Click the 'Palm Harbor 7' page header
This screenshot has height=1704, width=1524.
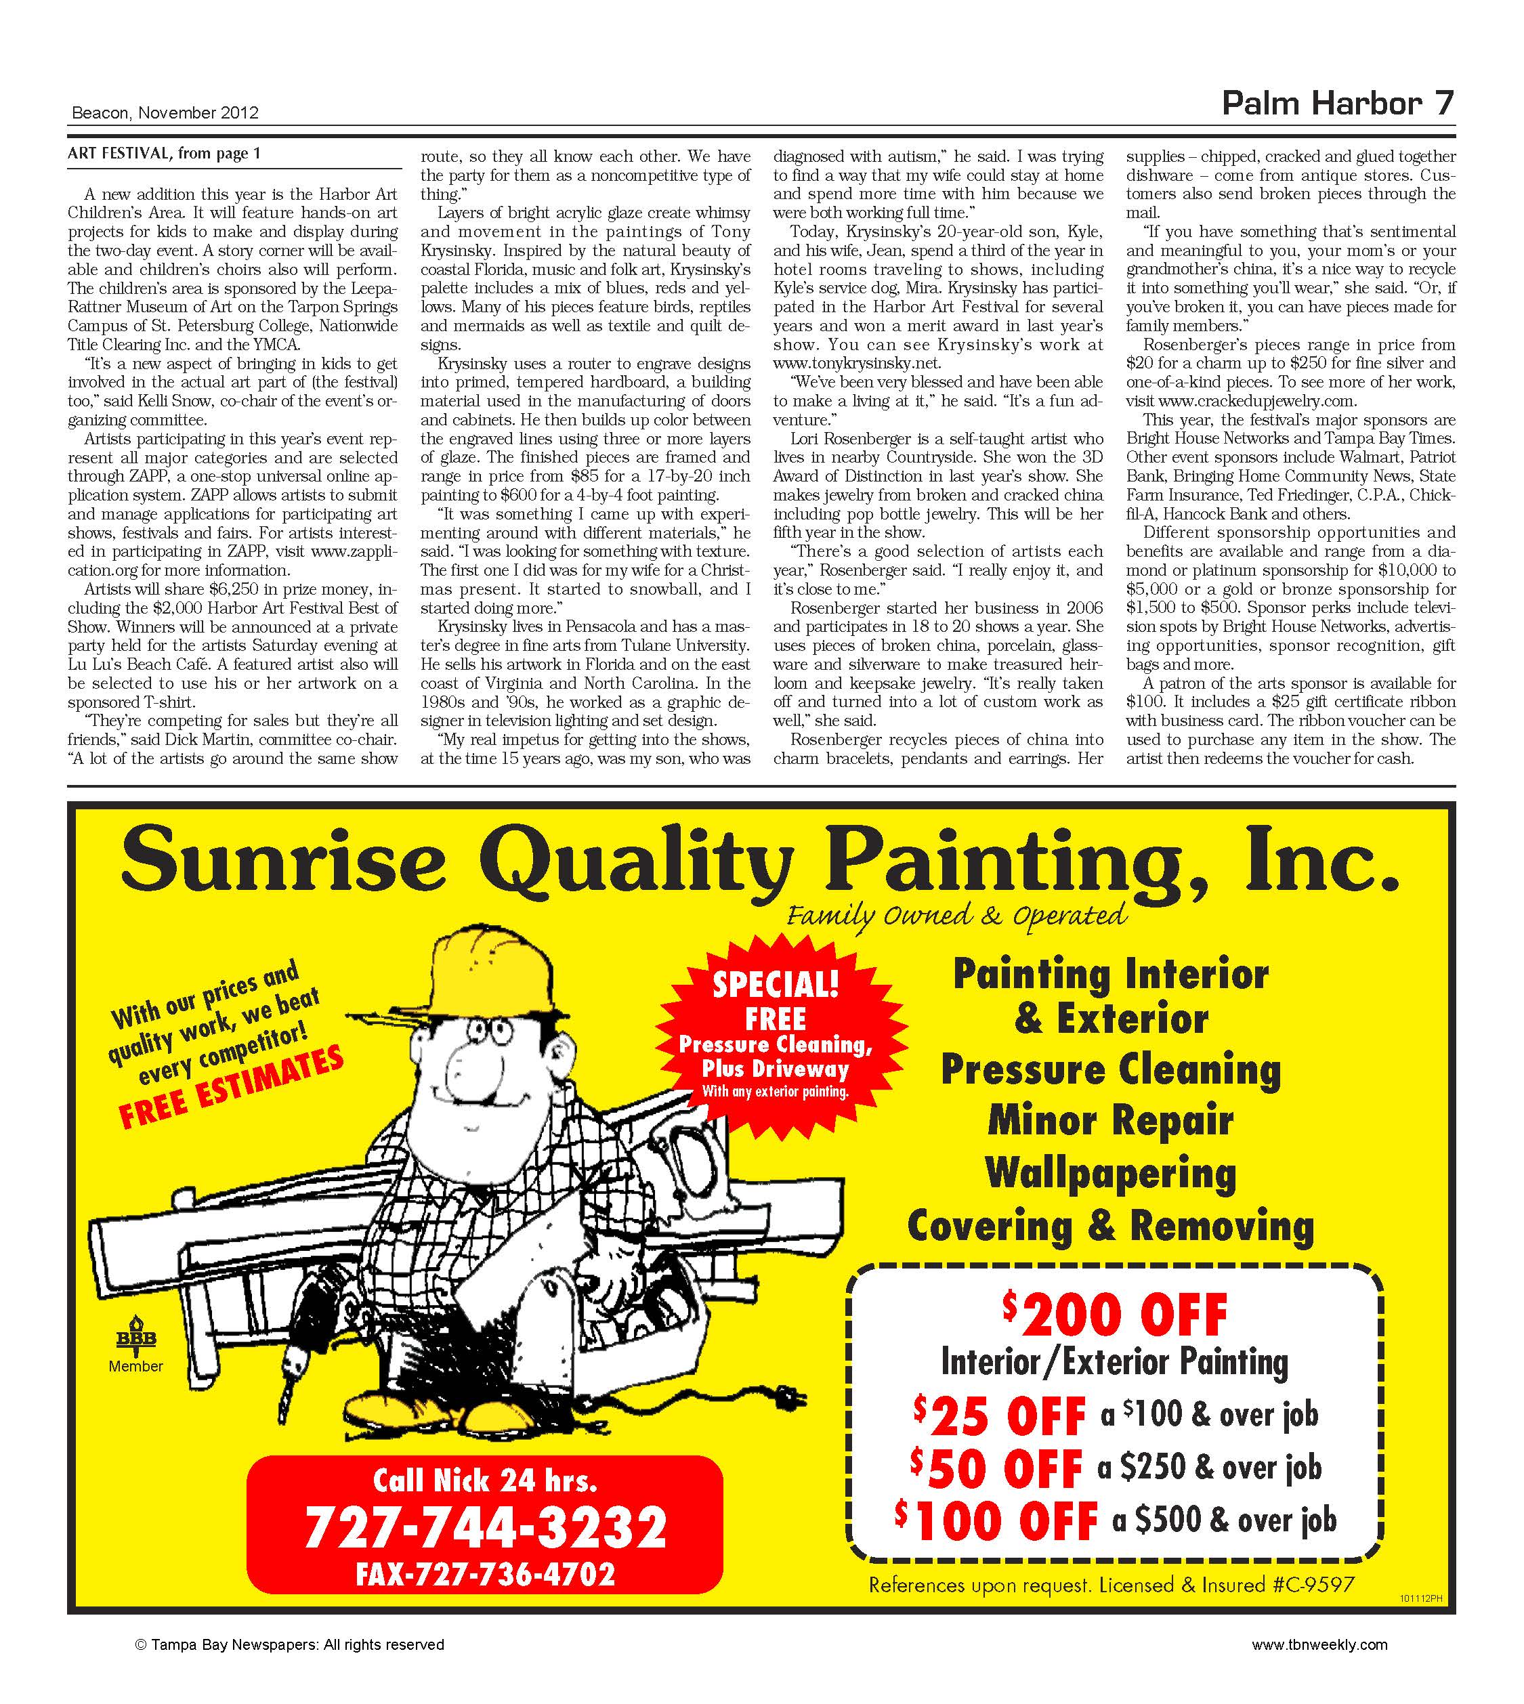point(1337,104)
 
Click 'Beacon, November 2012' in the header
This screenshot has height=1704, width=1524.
point(165,113)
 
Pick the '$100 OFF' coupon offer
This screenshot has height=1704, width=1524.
point(996,1520)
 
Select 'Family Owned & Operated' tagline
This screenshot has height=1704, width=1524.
point(956,915)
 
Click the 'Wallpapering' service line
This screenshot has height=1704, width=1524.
point(1109,1172)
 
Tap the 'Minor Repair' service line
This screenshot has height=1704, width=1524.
point(1110,1120)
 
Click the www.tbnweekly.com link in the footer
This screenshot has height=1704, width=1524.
point(1319,1644)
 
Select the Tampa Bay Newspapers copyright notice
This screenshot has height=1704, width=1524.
point(290,1644)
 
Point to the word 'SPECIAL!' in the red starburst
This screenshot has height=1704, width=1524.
point(776,985)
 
